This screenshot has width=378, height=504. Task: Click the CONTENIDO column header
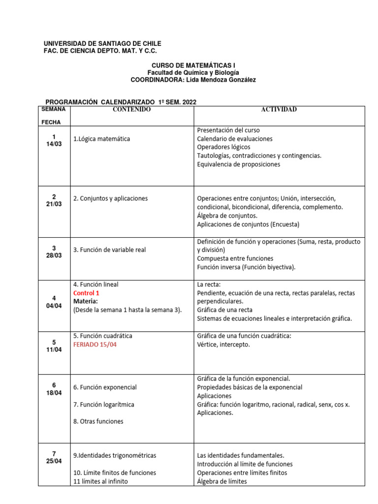(x=131, y=109)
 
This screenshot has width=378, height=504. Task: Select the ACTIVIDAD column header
(x=279, y=109)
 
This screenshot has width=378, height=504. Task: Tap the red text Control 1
(x=86, y=293)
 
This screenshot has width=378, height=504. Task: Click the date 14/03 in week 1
(x=54, y=144)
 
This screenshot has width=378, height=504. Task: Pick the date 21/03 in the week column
(x=54, y=204)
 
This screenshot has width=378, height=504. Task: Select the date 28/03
(x=54, y=256)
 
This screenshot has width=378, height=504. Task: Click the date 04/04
(x=54, y=305)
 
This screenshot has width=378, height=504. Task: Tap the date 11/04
(x=54, y=350)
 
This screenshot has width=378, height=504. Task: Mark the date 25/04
(x=54, y=462)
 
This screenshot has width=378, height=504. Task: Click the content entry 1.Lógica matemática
(x=101, y=139)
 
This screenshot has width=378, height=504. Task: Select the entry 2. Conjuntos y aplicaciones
(x=110, y=198)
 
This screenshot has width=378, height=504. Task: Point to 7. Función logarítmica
(x=103, y=405)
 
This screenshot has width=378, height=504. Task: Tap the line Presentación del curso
(x=228, y=130)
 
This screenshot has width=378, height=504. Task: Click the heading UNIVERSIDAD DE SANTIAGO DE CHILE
(x=102, y=44)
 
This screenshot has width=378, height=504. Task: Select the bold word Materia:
(x=86, y=301)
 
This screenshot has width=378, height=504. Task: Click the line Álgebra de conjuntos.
(x=227, y=216)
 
